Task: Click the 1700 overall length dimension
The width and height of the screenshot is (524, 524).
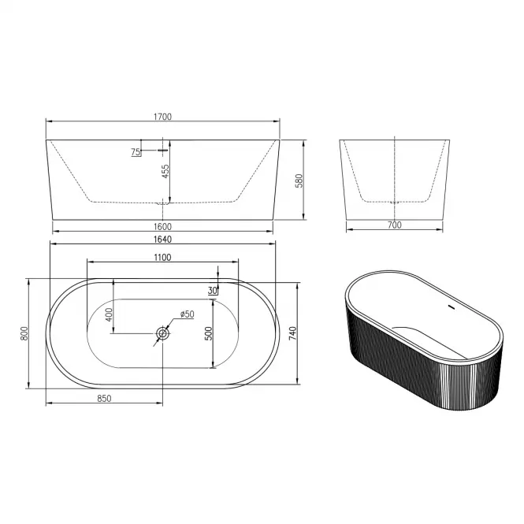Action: tap(162, 117)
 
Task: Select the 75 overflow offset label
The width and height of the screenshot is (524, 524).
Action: tap(136, 152)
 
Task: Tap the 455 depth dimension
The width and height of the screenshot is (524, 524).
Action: tap(165, 171)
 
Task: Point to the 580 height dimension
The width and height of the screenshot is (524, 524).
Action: tap(299, 180)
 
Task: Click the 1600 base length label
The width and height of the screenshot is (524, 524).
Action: tap(162, 227)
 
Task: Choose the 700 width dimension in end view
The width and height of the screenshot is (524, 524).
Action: tap(394, 225)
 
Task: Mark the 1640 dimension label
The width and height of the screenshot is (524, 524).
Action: tap(162, 240)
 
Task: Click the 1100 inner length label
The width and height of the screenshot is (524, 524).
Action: tap(162, 258)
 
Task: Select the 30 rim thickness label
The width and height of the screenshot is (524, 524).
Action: tap(212, 291)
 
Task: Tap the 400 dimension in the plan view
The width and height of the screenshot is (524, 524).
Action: tap(109, 314)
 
